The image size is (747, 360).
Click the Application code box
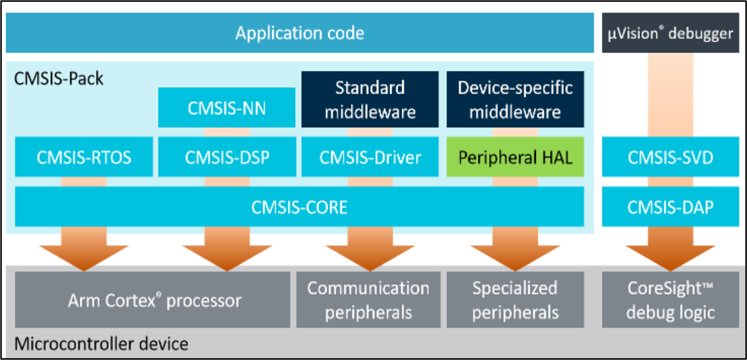(299, 33)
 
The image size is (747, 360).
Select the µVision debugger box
(670, 33)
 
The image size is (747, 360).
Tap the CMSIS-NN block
(226, 108)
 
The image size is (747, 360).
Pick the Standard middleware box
(370, 99)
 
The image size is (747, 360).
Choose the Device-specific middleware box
(515, 99)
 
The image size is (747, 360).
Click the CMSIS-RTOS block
(83, 157)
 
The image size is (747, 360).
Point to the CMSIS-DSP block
(226, 157)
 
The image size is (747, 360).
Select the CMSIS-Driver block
(370, 157)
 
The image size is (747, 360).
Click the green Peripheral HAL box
(515, 157)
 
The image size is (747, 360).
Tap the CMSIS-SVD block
(670, 157)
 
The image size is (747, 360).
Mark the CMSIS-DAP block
(670, 207)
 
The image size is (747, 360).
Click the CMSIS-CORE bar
(299, 207)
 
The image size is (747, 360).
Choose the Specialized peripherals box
(515, 300)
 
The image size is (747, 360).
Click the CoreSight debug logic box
(670, 300)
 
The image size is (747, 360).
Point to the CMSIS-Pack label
(59, 79)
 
